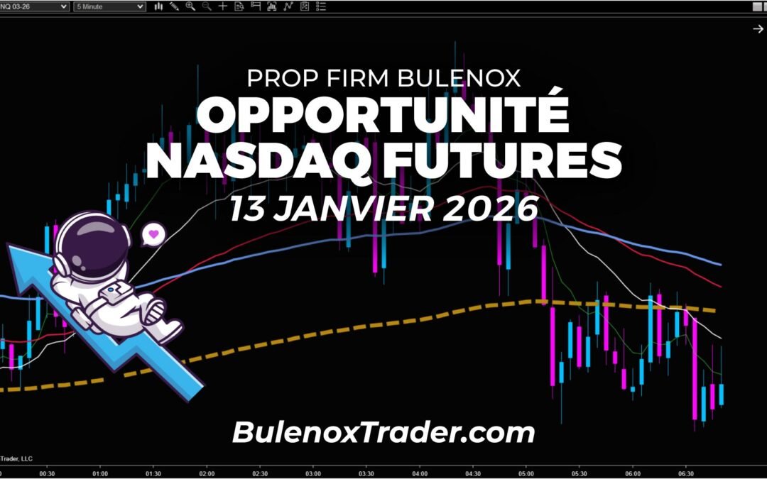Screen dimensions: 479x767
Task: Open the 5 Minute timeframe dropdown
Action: click(x=110, y=6)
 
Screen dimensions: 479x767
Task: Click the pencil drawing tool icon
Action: click(x=174, y=6)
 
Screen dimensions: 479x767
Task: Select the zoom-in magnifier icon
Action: click(x=190, y=6)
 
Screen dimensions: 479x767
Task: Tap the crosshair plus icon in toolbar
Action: click(x=223, y=6)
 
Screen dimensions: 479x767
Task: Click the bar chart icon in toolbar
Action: click(x=272, y=6)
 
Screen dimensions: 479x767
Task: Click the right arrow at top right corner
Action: click(x=758, y=28)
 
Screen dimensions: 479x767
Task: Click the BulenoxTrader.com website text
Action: click(x=383, y=431)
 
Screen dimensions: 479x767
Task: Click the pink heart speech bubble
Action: click(x=153, y=233)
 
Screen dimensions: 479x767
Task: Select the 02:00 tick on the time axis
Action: click(x=207, y=473)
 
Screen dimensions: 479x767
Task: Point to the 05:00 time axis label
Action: click(x=526, y=473)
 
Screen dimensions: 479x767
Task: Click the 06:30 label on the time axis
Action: click(x=686, y=473)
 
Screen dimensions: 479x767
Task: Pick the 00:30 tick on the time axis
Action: click(x=48, y=473)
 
